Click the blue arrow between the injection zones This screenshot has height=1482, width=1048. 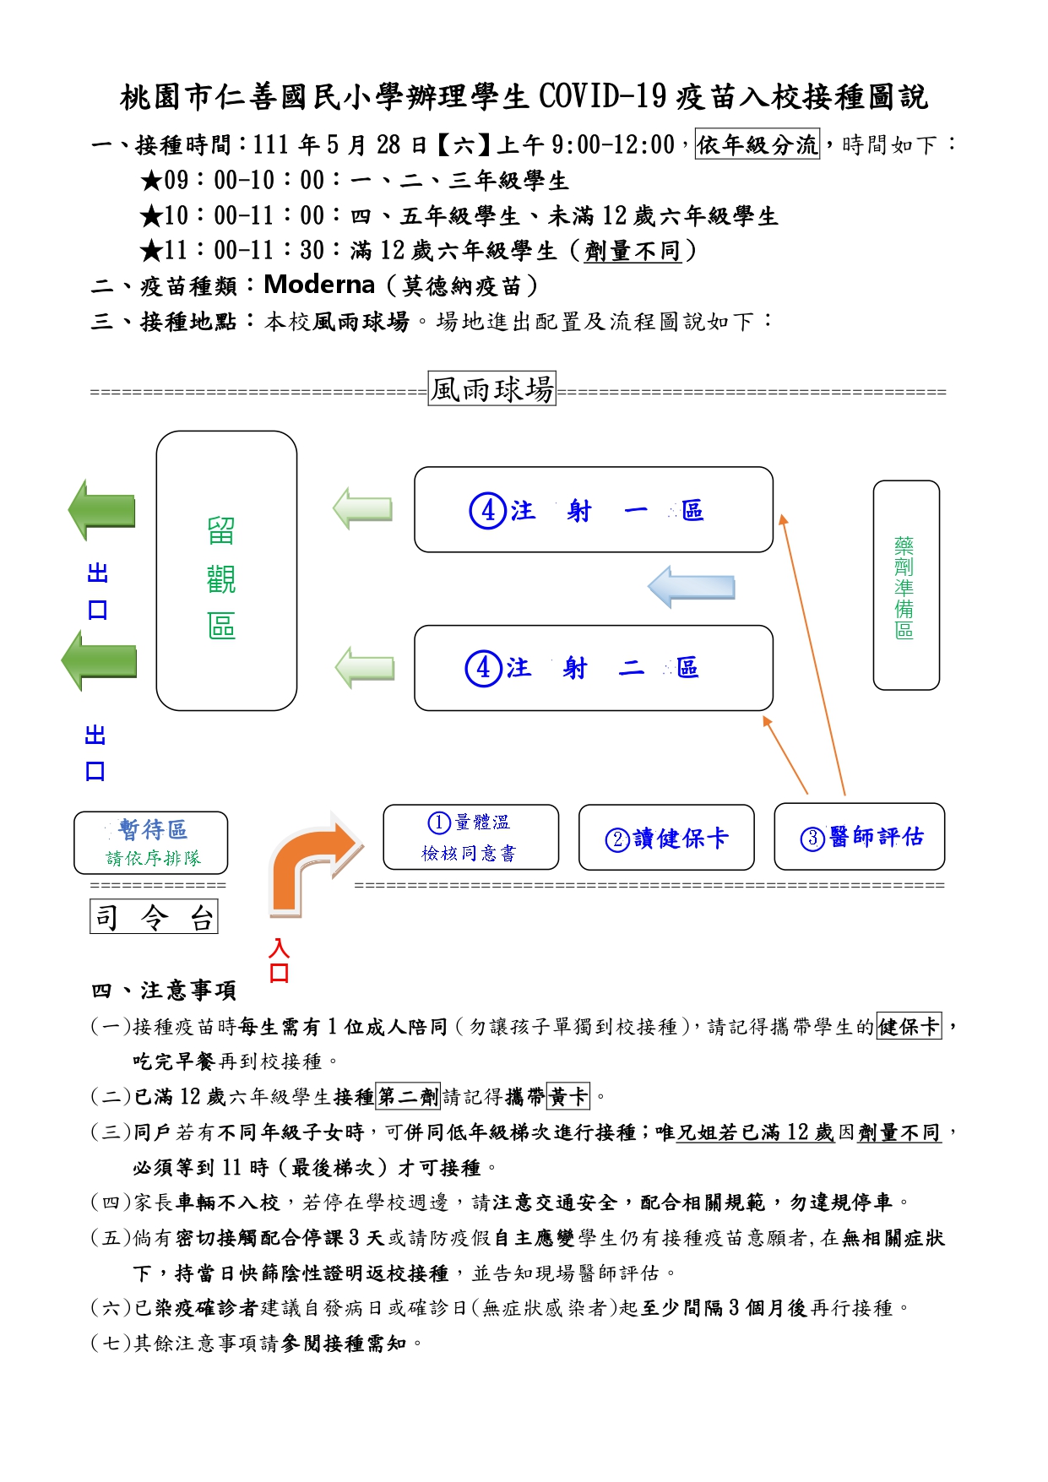pos(692,587)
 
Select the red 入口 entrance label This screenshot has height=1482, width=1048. pos(279,960)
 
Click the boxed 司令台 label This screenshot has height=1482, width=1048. pos(154,916)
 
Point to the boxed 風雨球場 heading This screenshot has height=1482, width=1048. pos(492,388)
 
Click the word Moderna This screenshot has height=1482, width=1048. pos(319,285)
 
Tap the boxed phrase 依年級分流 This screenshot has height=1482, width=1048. pos(757,144)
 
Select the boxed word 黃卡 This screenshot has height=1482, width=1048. pos(568,1096)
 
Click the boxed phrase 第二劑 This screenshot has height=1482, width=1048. pos(408,1096)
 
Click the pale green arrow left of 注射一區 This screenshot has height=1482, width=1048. pos(363,508)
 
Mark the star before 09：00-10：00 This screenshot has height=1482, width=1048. pos(152,181)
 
